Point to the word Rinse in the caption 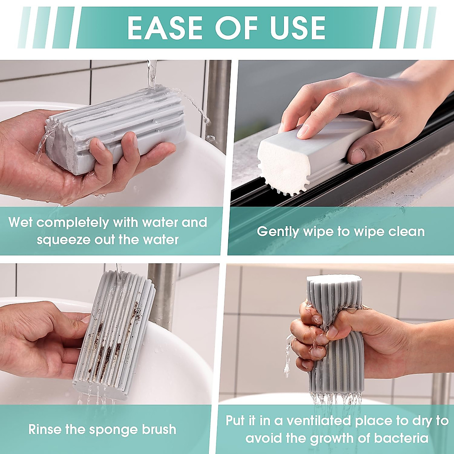pyautogui.click(x=45, y=429)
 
